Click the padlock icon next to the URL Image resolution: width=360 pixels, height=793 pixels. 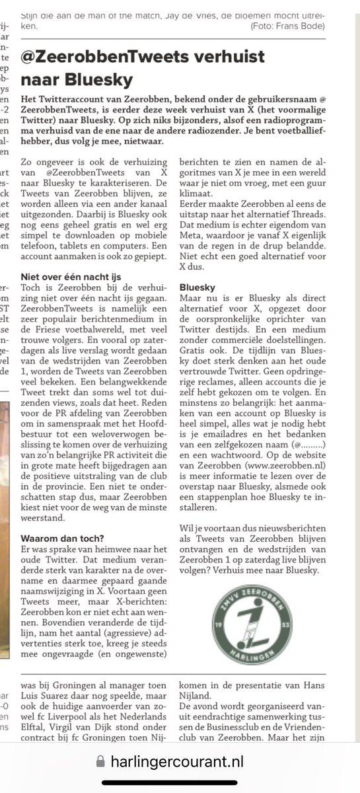(100, 761)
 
